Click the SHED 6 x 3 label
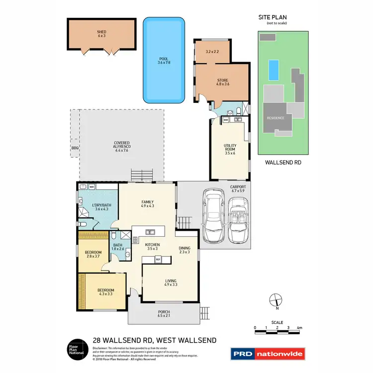(101, 34)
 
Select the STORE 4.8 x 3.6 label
(222, 82)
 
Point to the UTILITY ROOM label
(229, 150)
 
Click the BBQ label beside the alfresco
(75, 148)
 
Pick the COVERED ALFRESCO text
(121, 146)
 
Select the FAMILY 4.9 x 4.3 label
(147, 203)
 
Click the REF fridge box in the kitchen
(158, 260)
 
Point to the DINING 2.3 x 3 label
(185, 250)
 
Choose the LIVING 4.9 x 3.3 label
(171, 283)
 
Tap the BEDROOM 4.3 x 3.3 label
(105, 292)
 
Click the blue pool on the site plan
(272, 70)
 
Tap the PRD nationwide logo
(268, 354)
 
